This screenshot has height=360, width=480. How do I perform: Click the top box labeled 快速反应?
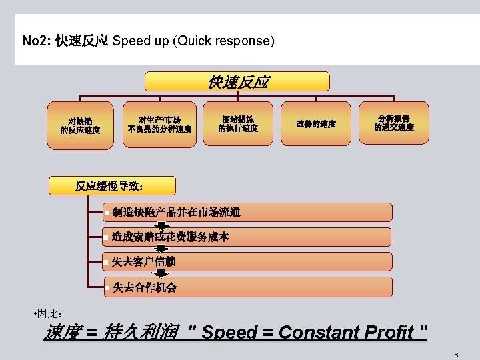point(238,82)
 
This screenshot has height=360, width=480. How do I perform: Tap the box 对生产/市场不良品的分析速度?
point(160,123)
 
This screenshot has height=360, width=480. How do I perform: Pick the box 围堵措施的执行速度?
point(238,123)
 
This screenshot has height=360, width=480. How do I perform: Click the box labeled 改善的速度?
point(316,123)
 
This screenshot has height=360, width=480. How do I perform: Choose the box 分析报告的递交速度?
point(393,122)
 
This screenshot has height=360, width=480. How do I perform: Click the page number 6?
point(456,355)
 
